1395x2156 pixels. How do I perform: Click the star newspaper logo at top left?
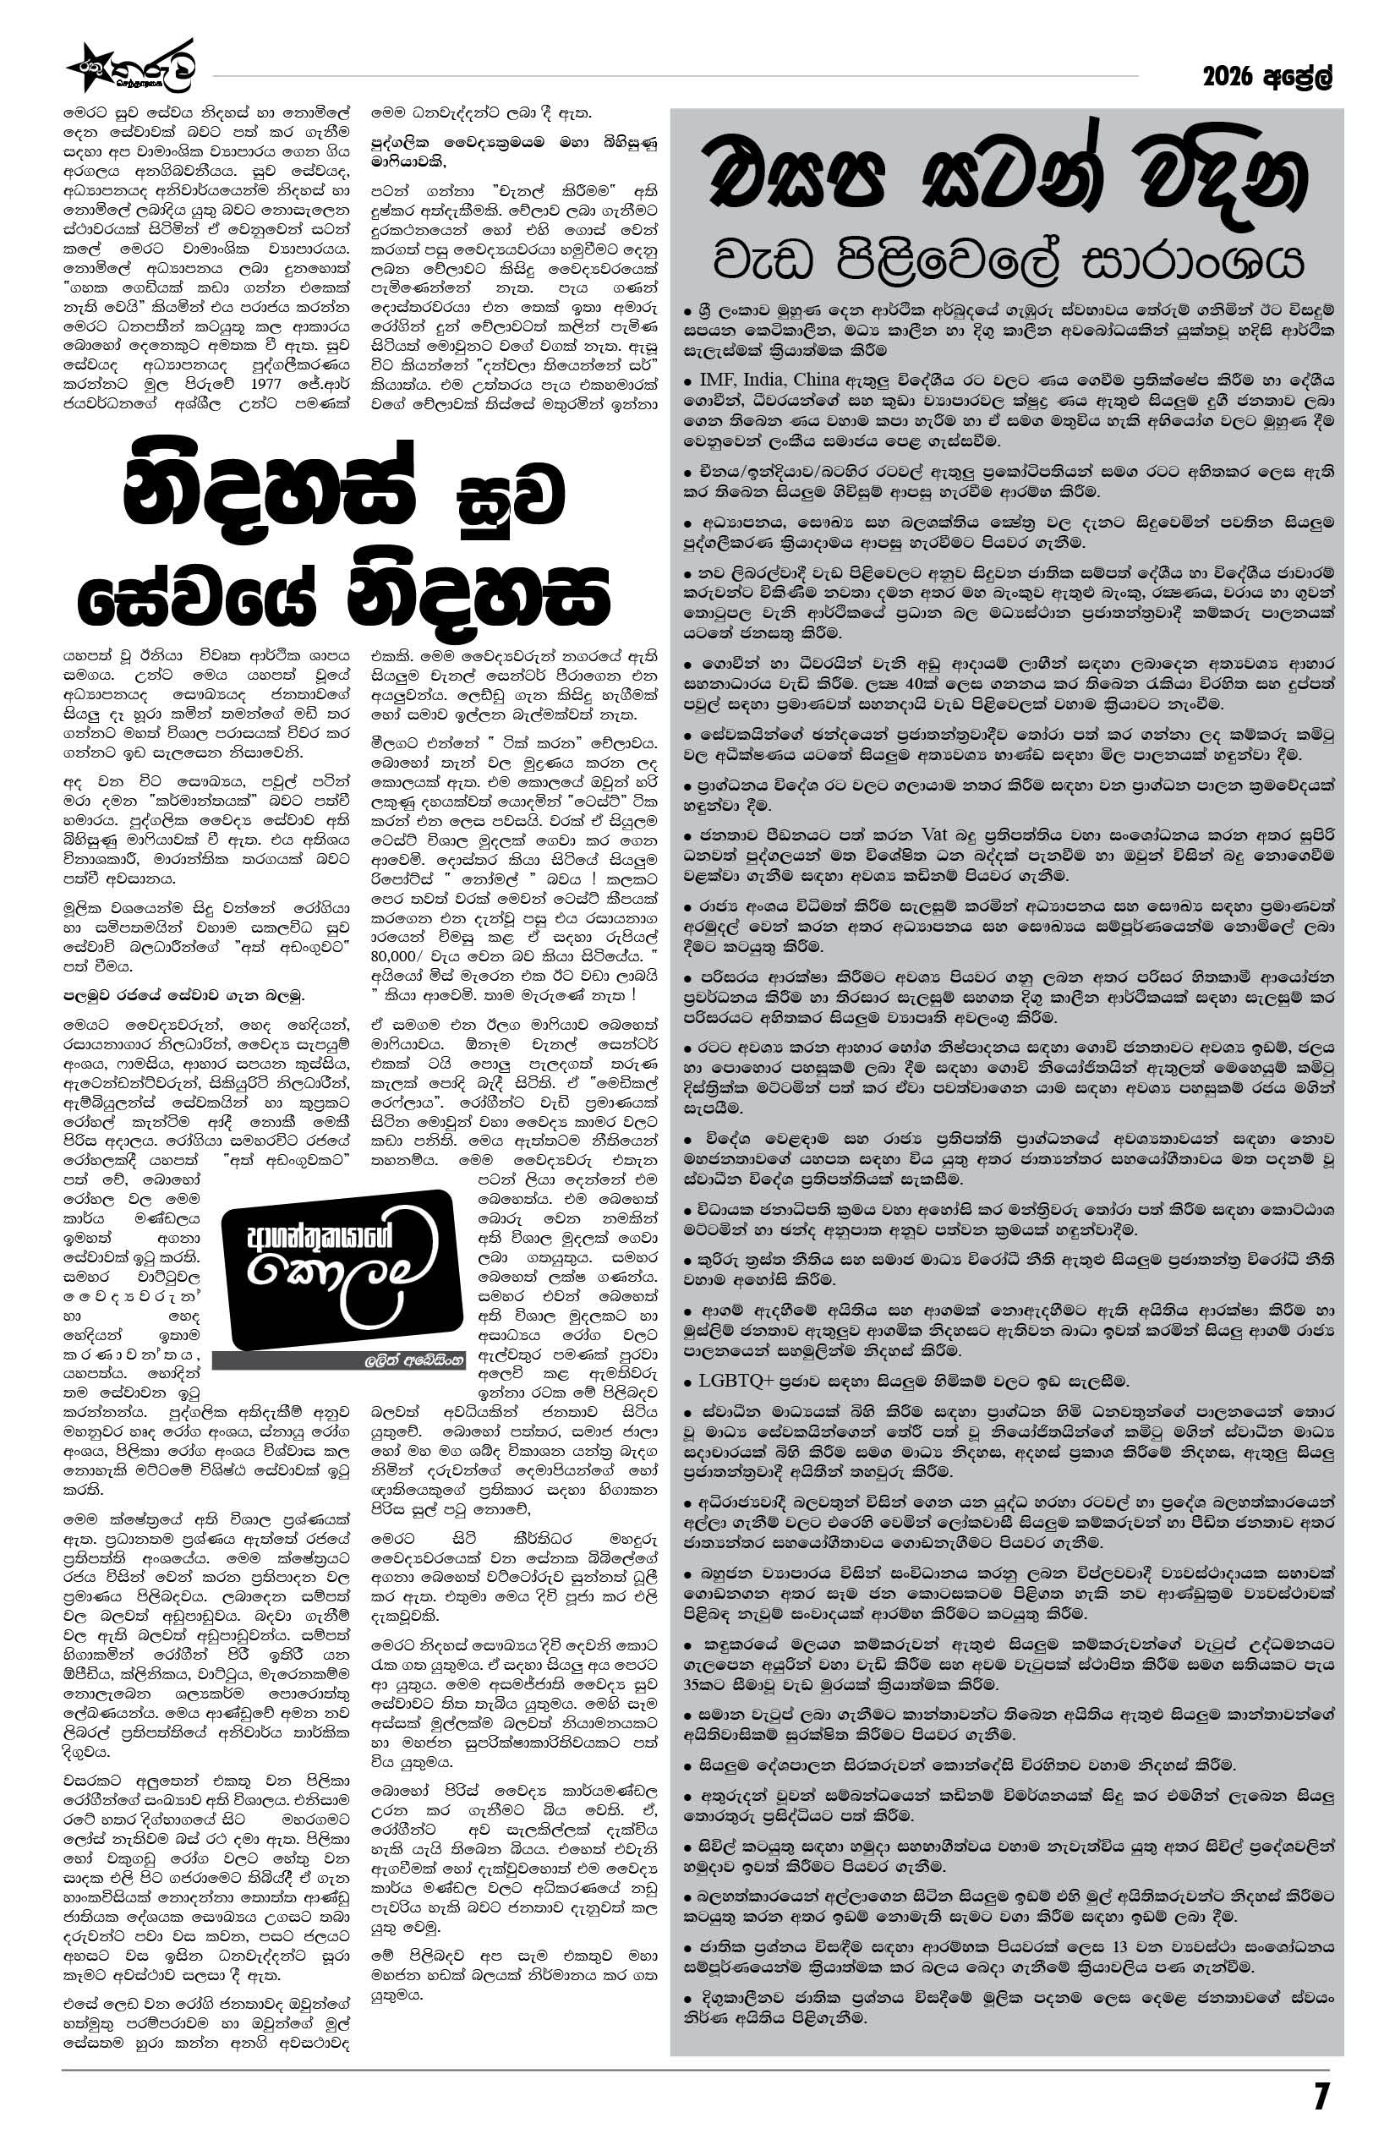(130, 68)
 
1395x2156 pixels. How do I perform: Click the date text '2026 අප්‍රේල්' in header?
(1268, 79)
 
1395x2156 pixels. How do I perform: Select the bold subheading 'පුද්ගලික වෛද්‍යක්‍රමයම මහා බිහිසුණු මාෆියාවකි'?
(514, 152)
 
